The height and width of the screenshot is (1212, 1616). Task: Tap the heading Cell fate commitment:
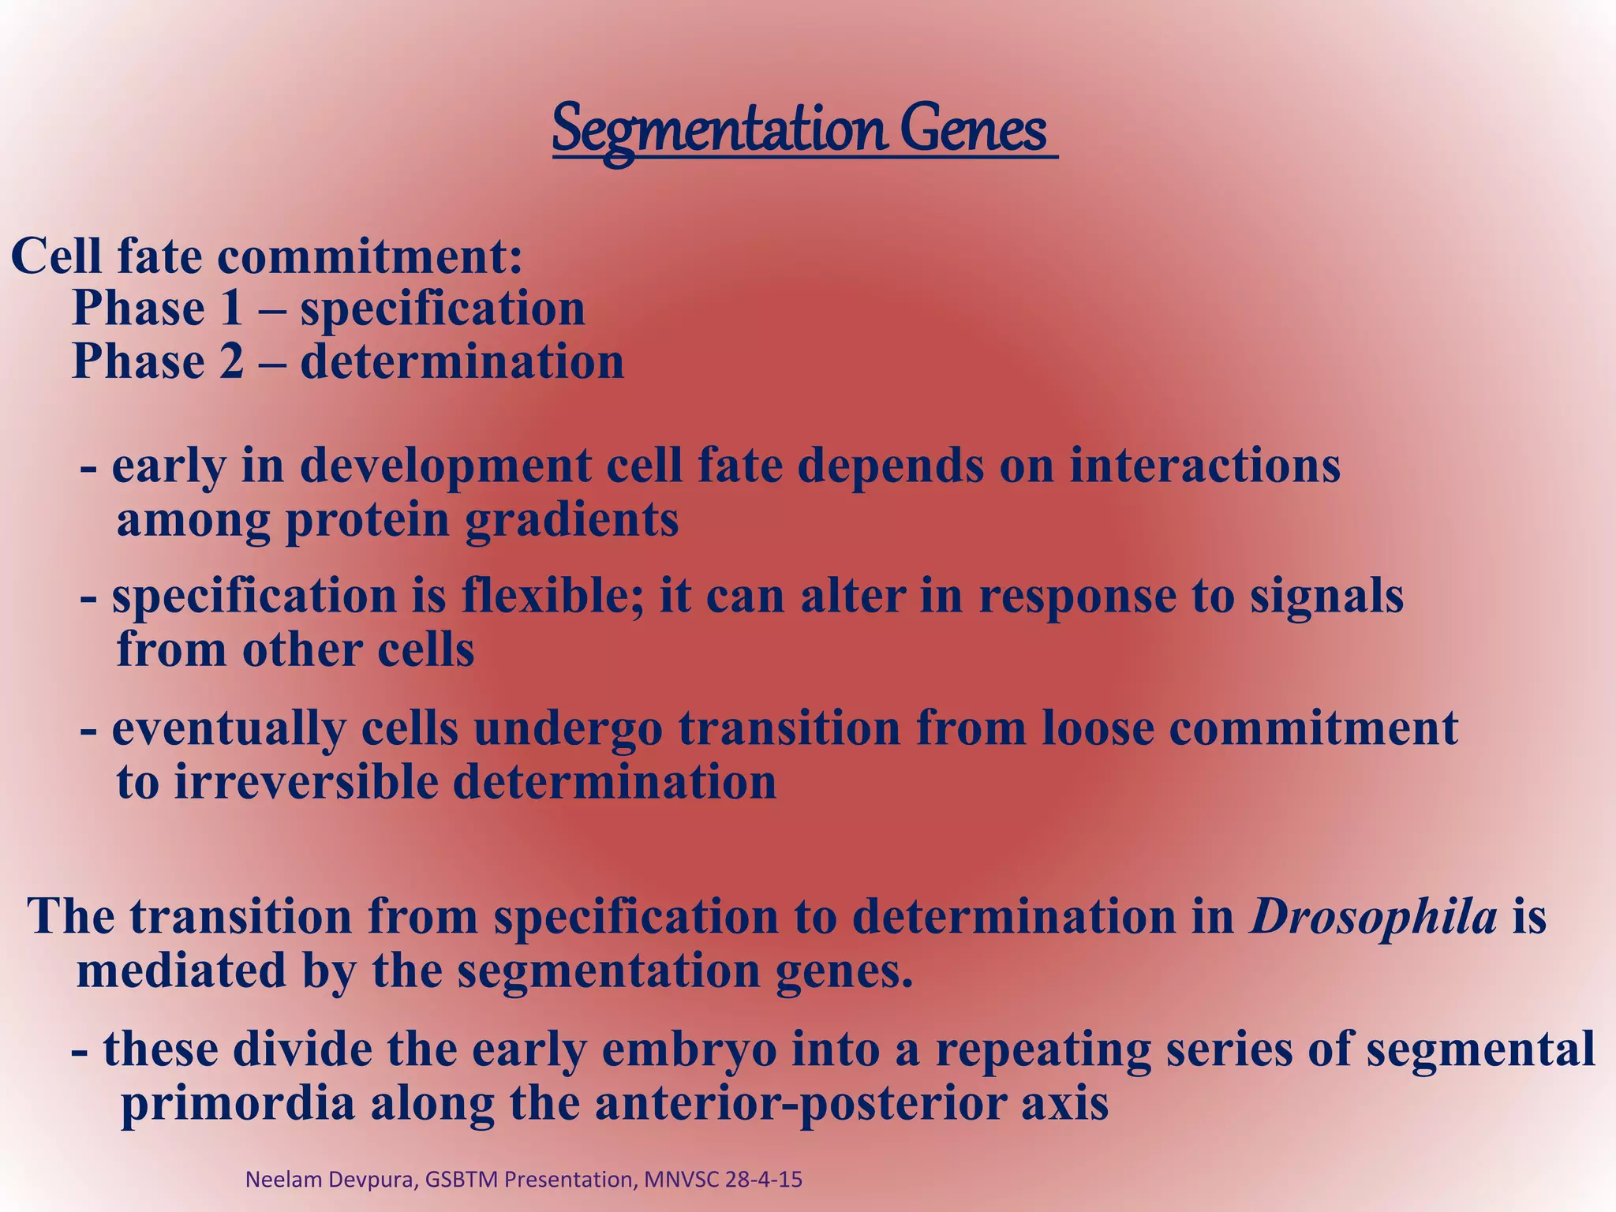[267, 256]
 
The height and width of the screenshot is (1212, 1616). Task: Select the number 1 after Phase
[230, 309]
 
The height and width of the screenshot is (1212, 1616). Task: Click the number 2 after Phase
[230, 362]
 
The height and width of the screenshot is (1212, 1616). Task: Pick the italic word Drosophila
[1373, 918]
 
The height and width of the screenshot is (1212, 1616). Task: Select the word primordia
[237, 1104]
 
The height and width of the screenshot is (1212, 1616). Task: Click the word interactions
[1204, 466]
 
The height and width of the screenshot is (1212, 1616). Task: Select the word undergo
[567, 729]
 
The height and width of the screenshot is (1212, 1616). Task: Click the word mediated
[181, 971]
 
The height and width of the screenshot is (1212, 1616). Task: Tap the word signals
[1326, 597]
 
